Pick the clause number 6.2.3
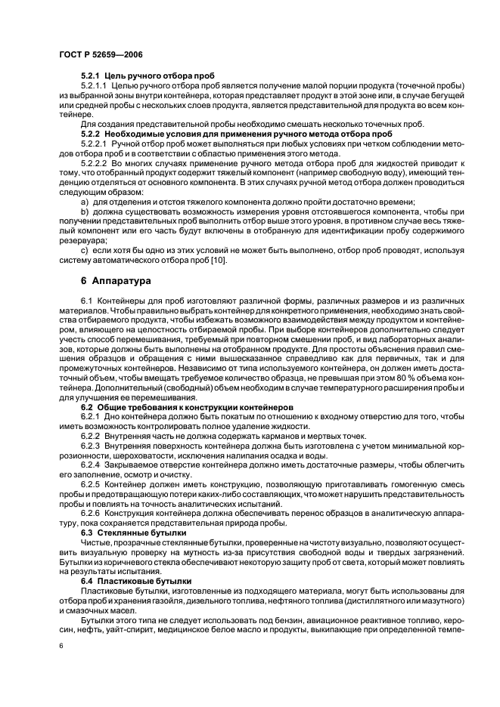pyautogui.click(x=90, y=447)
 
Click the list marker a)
pyautogui.click(x=85, y=202)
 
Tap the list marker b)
pyautogui.click(x=85, y=212)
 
